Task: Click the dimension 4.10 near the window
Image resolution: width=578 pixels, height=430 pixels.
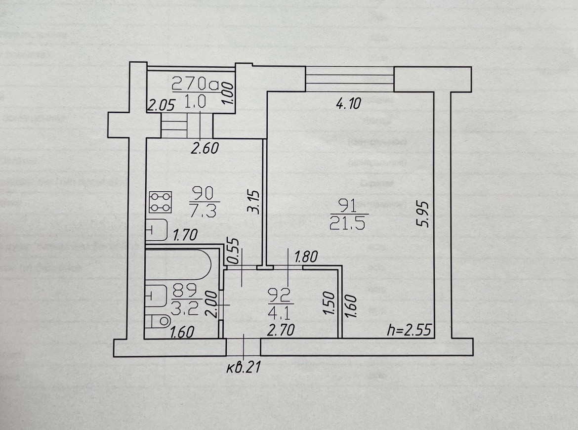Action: [349, 103]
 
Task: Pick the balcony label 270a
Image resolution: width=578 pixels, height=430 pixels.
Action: [195, 84]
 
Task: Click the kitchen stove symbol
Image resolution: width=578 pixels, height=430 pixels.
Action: [160, 202]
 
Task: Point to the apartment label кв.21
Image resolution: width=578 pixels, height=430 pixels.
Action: [243, 368]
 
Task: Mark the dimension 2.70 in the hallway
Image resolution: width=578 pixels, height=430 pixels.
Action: [282, 329]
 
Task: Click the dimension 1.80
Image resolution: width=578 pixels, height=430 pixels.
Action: [306, 257]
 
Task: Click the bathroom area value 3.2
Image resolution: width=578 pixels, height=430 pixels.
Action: [185, 310]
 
